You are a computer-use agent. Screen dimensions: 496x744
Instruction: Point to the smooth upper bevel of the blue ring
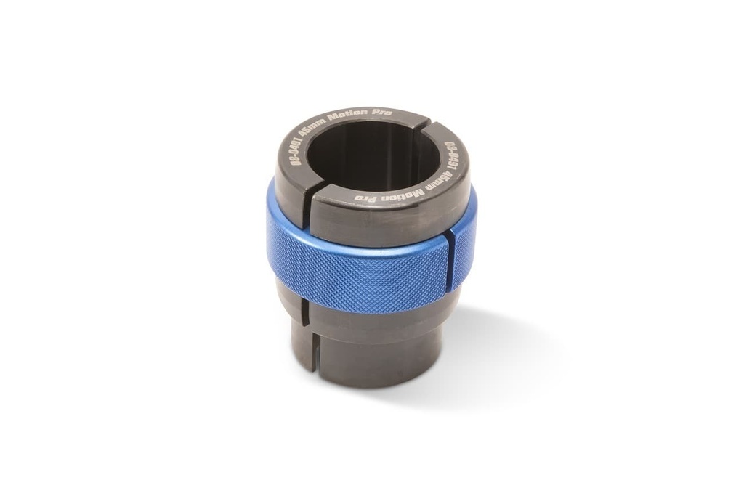coord(363,247)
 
